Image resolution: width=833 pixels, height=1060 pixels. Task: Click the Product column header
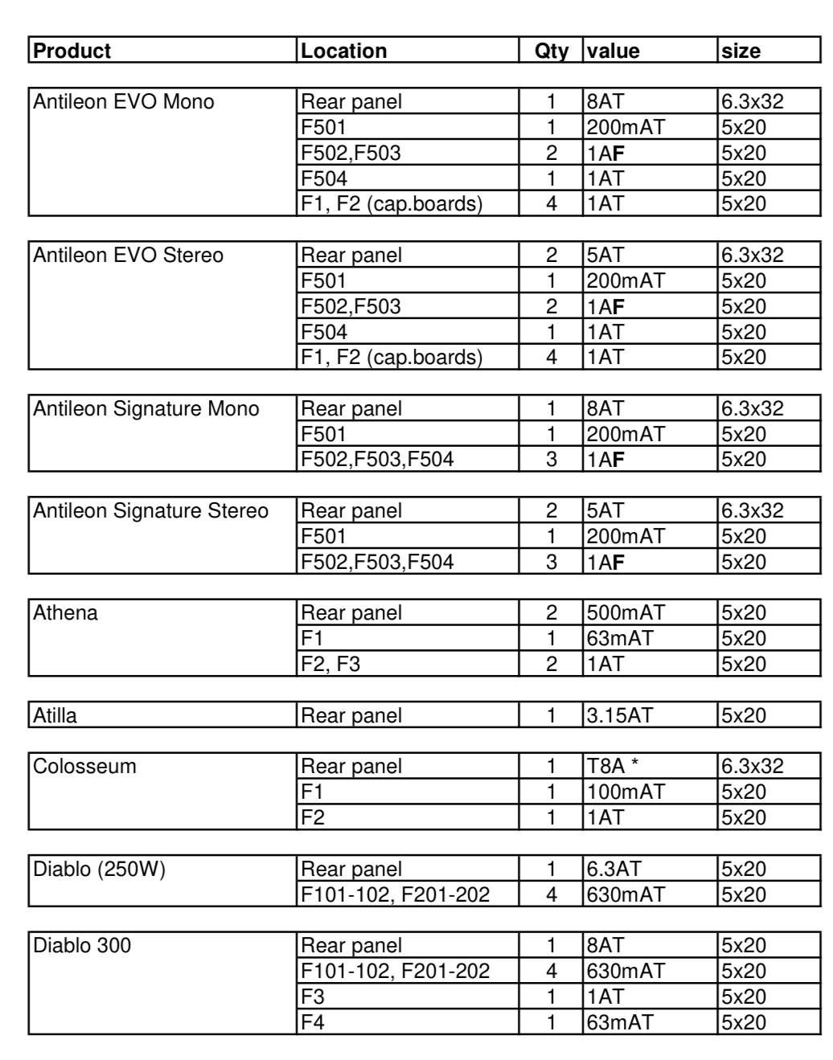[72, 51]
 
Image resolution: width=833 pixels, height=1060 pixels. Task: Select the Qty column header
[551, 51]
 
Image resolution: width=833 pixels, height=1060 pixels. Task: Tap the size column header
[741, 51]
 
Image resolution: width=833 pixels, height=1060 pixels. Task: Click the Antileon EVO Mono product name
[124, 101]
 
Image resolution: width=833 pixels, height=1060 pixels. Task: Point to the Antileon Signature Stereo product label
[150, 510]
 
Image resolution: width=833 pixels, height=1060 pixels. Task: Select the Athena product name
[65, 612]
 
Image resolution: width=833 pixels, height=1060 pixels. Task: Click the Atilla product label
[55, 715]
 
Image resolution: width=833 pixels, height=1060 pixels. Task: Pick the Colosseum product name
[84, 766]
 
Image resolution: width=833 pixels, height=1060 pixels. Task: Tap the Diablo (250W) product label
[99, 869]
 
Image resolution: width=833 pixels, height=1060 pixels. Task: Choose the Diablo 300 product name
[81, 945]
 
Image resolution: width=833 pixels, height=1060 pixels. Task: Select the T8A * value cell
[613, 766]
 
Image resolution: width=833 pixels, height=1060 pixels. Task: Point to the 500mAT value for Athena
[626, 612]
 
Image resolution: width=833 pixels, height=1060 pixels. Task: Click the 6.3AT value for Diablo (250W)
[614, 869]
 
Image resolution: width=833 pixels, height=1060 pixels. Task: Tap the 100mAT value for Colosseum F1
[626, 792]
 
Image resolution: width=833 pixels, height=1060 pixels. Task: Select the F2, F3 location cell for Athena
[330, 664]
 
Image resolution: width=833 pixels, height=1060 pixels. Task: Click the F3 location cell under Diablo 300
[313, 997]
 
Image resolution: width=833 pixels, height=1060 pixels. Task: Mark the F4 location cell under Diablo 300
[313, 1022]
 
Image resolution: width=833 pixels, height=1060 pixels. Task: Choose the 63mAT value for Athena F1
[620, 638]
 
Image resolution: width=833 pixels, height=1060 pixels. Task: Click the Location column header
[343, 51]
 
